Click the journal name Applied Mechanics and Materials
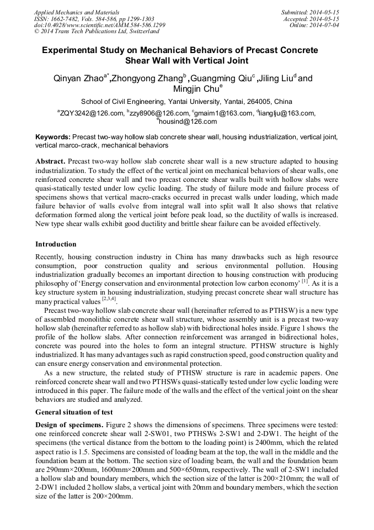click(x=76, y=12)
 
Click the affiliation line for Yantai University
click(x=186, y=102)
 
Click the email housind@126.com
click(x=188, y=122)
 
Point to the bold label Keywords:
click(x=53, y=137)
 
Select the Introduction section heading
click(x=56, y=244)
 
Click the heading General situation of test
click(x=74, y=412)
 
